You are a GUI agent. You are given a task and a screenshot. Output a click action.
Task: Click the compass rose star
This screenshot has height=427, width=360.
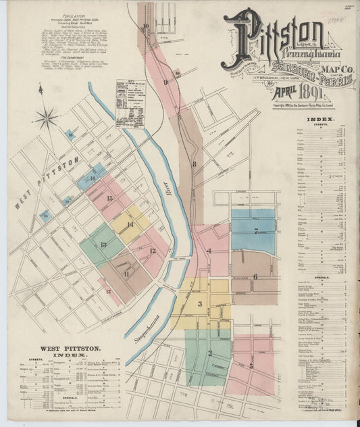click(47, 119)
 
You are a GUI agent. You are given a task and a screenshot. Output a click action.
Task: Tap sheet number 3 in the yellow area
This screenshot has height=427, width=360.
click(200, 303)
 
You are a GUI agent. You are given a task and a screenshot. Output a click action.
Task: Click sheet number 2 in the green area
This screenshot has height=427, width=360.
click(210, 353)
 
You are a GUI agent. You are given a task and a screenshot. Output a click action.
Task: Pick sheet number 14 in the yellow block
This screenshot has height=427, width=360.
click(130, 224)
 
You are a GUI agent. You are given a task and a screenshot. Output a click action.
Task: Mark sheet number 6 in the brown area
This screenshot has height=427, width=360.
click(255, 276)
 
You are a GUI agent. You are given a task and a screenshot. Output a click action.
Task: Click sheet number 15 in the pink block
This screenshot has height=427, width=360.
click(109, 198)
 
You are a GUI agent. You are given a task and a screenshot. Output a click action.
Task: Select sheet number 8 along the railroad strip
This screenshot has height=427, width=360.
click(194, 164)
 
